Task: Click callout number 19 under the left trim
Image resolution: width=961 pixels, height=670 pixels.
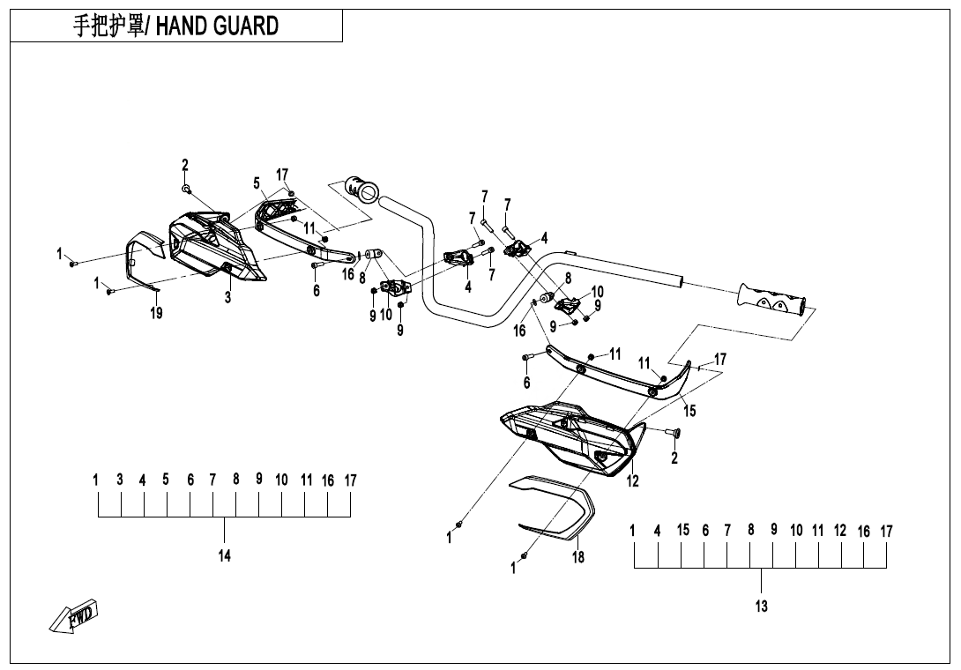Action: pyautogui.click(x=156, y=312)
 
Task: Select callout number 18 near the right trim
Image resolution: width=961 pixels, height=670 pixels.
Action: pyautogui.click(x=578, y=557)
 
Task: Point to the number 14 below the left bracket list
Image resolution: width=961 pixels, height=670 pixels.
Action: pyautogui.click(x=225, y=555)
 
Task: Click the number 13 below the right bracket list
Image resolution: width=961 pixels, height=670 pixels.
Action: pyautogui.click(x=761, y=607)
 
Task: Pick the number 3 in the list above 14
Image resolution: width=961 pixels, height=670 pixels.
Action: pyautogui.click(x=120, y=480)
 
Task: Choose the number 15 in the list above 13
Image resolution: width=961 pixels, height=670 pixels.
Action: pyautogui.click(x=683, y=531)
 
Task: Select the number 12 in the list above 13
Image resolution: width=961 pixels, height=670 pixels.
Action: pyautogui.click(x=840, y=531)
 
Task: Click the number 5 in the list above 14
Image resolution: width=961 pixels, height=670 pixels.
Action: pyautogui.click(x=166, y=480)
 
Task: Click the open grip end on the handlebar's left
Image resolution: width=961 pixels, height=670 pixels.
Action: pyautogui.click(x=361, y=188)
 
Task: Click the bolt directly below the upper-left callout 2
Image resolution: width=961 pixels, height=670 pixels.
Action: pyautogui.click(x=186, y=189)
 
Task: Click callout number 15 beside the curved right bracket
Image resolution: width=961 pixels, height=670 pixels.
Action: pyautogui.click(x=689, y=411)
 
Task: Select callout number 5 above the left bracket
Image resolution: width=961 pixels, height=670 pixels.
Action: pyautogui.click(x=257, y=183)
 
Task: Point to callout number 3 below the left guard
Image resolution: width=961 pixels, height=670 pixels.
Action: pyautogui.click(x=227, y=298)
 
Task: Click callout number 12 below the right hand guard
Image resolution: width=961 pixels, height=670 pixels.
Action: pyautogui.click(x=632, y=481)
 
